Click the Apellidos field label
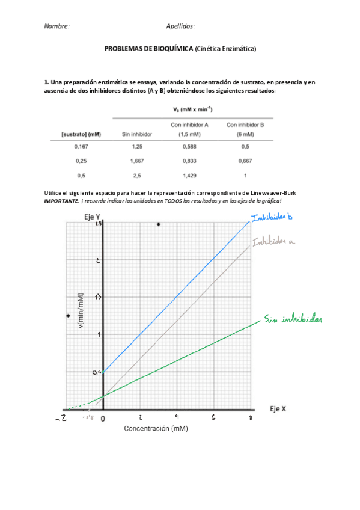[x=180, y=26]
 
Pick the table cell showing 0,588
[x=189, y=146]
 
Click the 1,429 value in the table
[x=189, y=176]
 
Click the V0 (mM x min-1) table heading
[x=192, y=109]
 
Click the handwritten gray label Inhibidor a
[x=275, y=242]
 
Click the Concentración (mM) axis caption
[x=156, y=429]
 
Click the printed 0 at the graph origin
[x=103, y=417]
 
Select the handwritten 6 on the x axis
[x=213, y=417]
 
